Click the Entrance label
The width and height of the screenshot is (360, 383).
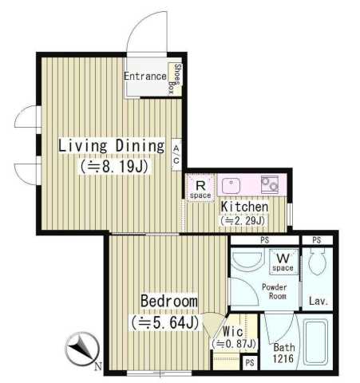(145, 77)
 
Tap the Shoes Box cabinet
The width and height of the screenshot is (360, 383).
(175, 79)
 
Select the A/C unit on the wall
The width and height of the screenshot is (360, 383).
(176, 155)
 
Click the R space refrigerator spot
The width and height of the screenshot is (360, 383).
(200, 188)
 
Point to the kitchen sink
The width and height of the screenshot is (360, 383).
(231, 185)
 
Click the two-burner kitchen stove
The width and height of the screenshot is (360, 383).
(270, 184)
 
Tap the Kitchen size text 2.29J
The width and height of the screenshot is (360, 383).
(243, 221)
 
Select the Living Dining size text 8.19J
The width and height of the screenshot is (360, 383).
(114, 167)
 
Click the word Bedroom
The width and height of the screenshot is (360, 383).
(169, 301)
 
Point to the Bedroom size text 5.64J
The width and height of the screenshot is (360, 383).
(165, 322)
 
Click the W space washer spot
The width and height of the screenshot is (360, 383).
(283, 262)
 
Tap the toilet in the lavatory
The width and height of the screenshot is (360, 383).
(318, 261)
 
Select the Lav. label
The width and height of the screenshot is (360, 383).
(318, 301)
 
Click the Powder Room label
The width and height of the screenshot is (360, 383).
(275, 291)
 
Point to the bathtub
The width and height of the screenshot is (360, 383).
(317, 342)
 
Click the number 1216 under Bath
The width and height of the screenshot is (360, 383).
(283, 358)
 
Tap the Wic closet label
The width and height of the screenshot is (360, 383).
(233, 331)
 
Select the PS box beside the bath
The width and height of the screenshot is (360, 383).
(250, 363)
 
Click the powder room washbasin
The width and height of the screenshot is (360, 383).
(247, 261)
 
